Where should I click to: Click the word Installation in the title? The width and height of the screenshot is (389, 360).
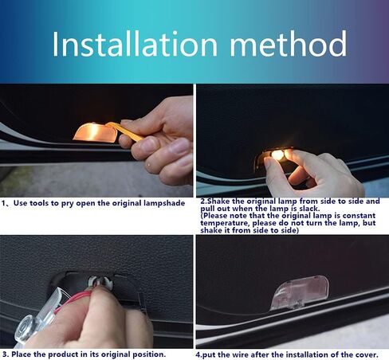pos(135,43)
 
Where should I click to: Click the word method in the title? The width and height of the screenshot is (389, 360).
pos(289,43)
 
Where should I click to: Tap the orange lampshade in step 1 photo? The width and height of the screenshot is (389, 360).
pos(96,133)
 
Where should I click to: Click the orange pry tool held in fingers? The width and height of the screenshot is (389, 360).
pos(125,131)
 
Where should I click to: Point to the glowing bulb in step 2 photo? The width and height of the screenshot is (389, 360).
pos(277,155)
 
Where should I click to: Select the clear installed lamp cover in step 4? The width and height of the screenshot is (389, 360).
pos(300,293)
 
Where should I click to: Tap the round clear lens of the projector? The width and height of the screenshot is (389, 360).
pos(26,329)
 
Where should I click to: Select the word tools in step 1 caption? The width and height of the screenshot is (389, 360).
pos(39,203)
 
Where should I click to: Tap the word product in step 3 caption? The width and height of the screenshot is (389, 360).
pos(61,354)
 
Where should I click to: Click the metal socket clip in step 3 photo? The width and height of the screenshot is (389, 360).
pos(100,283)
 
